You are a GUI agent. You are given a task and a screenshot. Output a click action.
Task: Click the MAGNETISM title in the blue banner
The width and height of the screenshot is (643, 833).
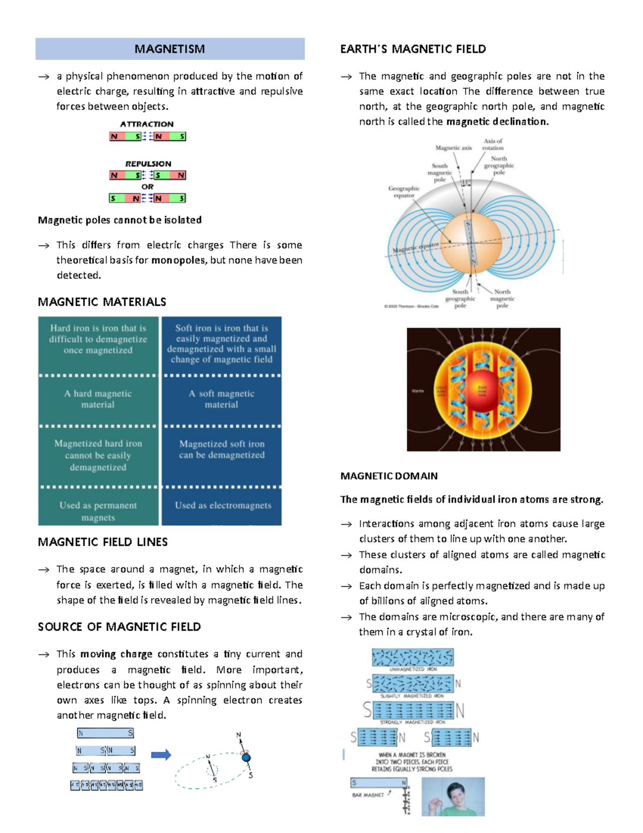[169, 49]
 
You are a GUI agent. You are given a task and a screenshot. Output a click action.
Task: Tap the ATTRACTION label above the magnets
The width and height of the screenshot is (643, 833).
[147, 124]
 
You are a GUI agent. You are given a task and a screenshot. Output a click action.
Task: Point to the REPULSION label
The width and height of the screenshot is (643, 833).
[148, 164]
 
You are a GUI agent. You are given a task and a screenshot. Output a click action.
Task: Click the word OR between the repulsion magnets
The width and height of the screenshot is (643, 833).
[147, 187]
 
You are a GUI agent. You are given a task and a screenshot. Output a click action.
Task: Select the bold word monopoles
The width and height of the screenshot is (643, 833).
[178, 260]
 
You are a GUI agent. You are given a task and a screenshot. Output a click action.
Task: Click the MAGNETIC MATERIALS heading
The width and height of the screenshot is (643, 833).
[102, 302]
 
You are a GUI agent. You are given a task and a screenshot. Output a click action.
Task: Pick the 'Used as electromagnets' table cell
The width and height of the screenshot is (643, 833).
[223, 505]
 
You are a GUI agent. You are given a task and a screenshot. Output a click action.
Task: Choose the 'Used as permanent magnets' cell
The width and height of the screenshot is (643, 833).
[98, 511]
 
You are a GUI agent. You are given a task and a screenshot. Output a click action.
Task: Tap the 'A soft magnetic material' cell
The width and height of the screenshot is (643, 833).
[221, 399]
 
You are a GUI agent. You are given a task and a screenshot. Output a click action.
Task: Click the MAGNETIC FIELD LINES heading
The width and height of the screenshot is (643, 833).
[102, 542]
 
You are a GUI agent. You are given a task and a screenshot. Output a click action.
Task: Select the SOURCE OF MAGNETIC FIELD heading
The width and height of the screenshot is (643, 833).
[119, 627]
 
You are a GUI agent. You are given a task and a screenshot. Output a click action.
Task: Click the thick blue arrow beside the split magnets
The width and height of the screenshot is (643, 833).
[161, 755]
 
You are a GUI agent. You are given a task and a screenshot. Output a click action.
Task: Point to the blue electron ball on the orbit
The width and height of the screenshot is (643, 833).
[246, 757]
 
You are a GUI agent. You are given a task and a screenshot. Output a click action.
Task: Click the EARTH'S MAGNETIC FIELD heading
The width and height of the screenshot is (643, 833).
[413, 49]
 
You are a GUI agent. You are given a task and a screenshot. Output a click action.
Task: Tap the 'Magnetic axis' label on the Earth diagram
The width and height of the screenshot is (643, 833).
[453, 148]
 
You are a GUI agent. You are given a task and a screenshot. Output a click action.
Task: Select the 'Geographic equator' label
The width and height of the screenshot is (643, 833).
[404, 191]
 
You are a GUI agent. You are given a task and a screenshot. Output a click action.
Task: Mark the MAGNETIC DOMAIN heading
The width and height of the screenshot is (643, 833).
[389, 476]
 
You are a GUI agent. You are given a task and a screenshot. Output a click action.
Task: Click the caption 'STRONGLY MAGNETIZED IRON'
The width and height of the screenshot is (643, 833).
[413, 723]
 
